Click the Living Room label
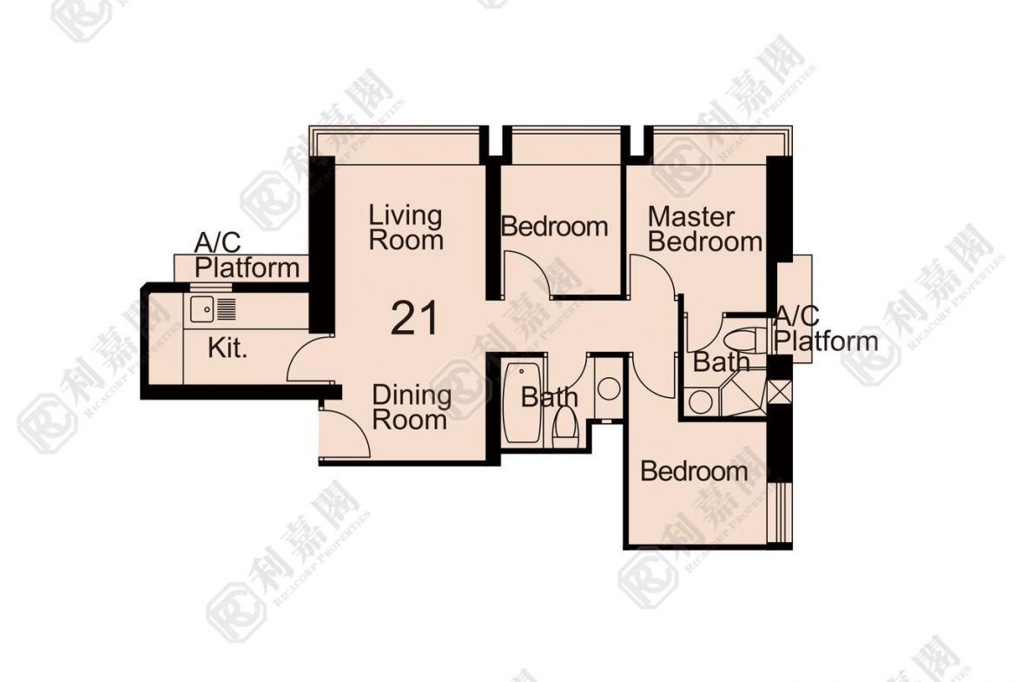406,228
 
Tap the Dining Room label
411,407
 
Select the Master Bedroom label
705,228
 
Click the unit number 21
415,318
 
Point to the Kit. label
228,348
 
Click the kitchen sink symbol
213,308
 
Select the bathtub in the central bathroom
522,403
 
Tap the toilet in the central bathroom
565,427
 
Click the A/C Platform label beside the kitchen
247,256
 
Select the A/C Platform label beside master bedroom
826,328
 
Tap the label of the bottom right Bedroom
694,471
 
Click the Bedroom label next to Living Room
555,226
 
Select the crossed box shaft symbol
776,392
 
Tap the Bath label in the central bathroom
550,397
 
